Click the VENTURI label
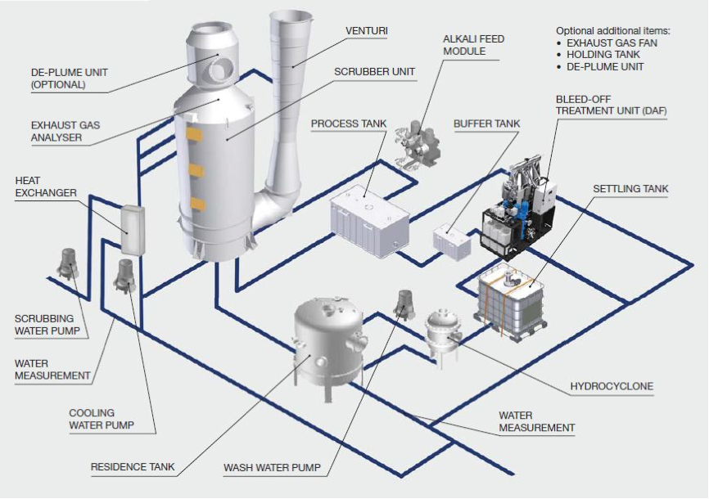click(367, 31)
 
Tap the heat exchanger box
click(133, 230)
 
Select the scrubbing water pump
click(68, 263)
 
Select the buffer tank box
click(452, 243)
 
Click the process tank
click(370, 220)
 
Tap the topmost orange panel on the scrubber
click(194, 135)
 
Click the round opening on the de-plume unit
click(219, 70)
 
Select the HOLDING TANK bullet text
click(603, 55)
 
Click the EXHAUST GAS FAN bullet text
click(612, 43)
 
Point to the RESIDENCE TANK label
click(133, 467)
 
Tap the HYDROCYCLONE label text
click(612, 386)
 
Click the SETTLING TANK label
click(630, 188)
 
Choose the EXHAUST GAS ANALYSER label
click(65, 131)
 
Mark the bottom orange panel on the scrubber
click(197, 204)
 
